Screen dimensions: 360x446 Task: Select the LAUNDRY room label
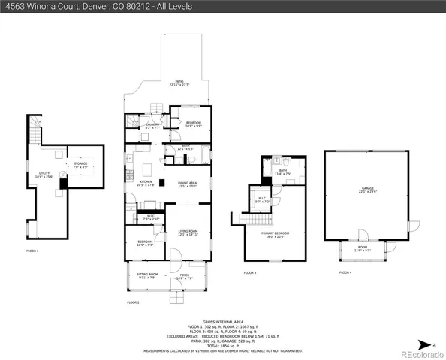pyautogui.click(x=151, y=125)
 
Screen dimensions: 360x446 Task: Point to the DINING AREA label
pyautogui.click(x=187, y=184)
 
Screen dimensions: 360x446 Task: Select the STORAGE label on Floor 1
pyautogui.click(x=80, y=163)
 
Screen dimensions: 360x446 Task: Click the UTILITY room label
pyautogui.click(x=44, y=175)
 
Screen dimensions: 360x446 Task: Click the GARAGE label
pyautogui.click(x=366, y=190)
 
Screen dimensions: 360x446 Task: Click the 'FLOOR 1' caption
pyautogui.click(x=32, y=250)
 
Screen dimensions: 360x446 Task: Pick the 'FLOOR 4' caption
pyautogui.click(x=345, y=272)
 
